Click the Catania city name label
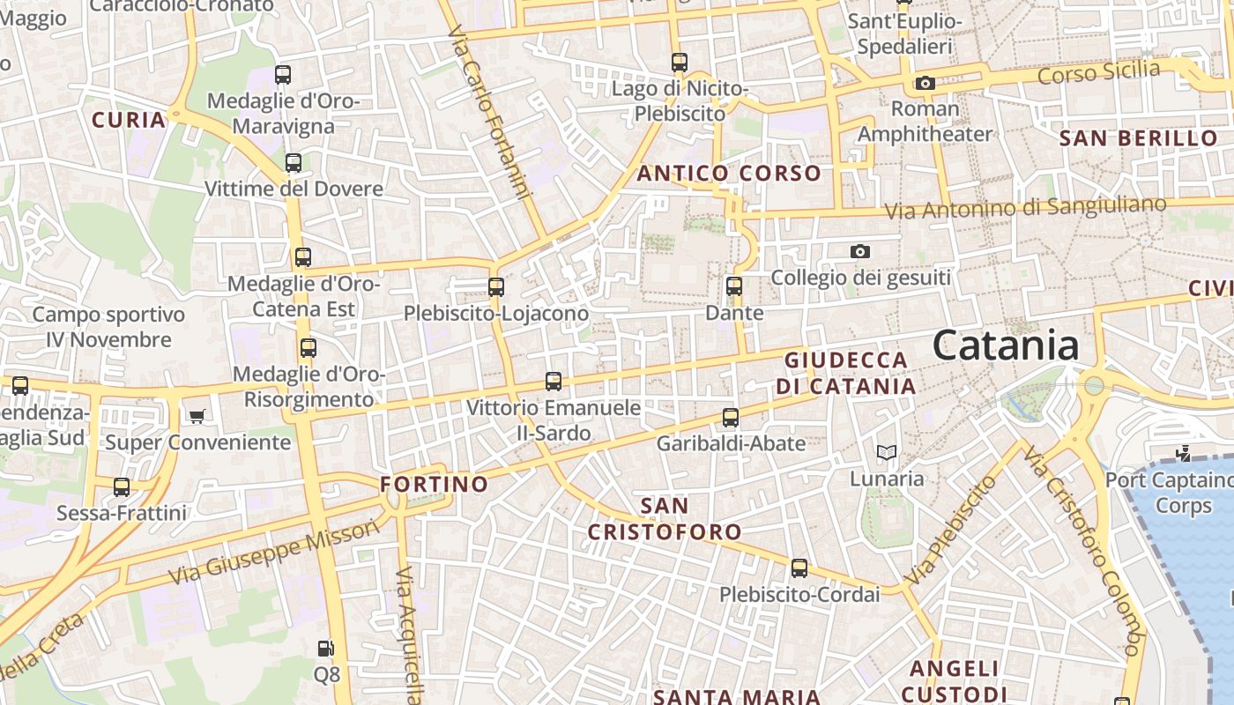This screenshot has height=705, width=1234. click(x=1006, y=345)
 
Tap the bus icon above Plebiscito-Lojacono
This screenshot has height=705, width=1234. click(x=496, y=287)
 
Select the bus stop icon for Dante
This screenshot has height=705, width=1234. click(x=734, y=286)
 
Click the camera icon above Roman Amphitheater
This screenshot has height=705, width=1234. click(x=925, y=84)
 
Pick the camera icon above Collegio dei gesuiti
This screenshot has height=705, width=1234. click(x=860, y=252)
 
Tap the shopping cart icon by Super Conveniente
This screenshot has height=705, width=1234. click(x=197, y=416)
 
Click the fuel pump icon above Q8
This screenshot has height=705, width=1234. click(x=326, y=649)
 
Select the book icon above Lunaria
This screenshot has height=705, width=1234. click(x=887, y=453)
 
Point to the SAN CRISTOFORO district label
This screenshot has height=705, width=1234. click(x=665, y=519)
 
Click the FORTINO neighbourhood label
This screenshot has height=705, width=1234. click(x=434, y=484)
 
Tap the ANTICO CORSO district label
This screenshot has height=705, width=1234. click(x=729, y=174)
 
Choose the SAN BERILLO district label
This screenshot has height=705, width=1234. click(x=1138, y=138)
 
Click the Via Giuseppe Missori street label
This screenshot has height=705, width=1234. click(x=274, y=552)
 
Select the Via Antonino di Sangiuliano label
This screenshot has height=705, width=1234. click(x=1025, y=209)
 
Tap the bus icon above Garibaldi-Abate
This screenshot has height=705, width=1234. click(x=731, y=418)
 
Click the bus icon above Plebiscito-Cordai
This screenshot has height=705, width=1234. click(x=799, y=568)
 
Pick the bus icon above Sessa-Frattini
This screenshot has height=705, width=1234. click(x=122, y=487)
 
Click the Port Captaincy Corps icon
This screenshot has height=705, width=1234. click(x=1184, y=454)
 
